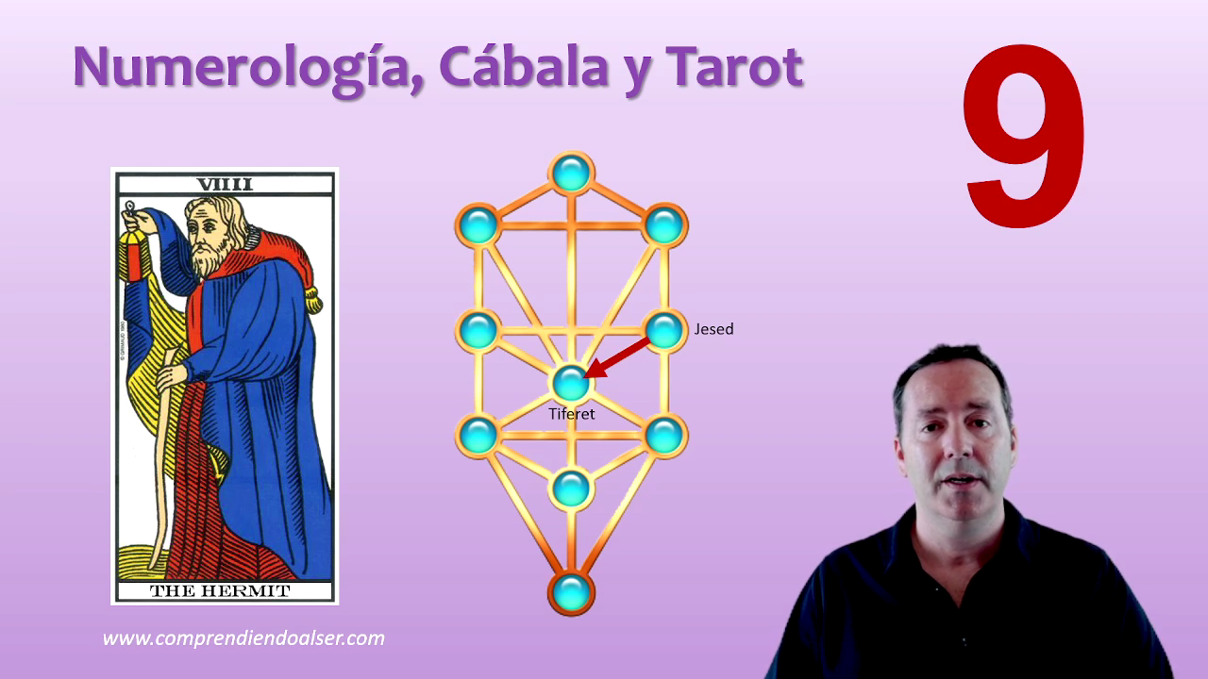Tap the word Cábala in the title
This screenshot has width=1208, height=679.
click(x=524, y=66)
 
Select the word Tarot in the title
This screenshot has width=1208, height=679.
click(x=734, y=66)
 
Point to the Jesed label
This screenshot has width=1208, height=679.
click(x=713, y=329)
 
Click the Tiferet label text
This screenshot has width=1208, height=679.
click(x=572, y=414)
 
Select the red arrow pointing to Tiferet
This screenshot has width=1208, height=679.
click(x=617, y=357)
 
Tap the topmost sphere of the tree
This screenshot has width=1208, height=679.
click(x=571, y=173)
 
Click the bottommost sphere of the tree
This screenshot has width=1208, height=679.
click(x=571, y=593)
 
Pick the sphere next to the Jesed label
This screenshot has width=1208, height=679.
click(x=664, y=330)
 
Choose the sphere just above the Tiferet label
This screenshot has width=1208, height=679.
click(x=571, y=383)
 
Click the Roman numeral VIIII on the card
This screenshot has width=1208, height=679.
click(x=225, y=184)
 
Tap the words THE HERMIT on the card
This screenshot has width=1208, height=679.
click(x=220, y=591)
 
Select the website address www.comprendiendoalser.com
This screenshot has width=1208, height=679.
click(x=243, y=638)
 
